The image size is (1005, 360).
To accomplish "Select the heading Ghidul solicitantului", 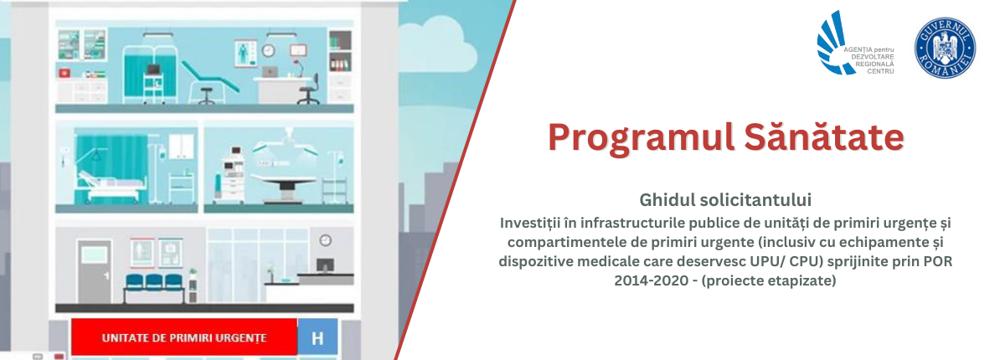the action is (x=725, y=200).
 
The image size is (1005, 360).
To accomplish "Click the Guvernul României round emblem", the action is (x=946, y=48).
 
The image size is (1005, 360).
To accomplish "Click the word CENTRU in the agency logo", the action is (x=880, y=71).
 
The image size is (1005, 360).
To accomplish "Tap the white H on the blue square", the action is (x=317, y=338).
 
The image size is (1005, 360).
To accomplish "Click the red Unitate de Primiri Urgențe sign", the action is (x=184, y=337).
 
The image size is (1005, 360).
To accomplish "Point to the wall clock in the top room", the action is (x=268, y=50).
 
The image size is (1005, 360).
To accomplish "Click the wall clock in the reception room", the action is (x=325, y=241).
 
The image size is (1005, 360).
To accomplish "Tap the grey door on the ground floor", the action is (x=94, y=272).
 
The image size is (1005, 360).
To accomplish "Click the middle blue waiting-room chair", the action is (x=154, y=282).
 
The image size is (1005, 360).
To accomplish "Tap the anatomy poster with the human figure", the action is (x=245, y=54).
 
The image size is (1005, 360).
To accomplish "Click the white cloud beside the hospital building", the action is (x=437, y=45).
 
